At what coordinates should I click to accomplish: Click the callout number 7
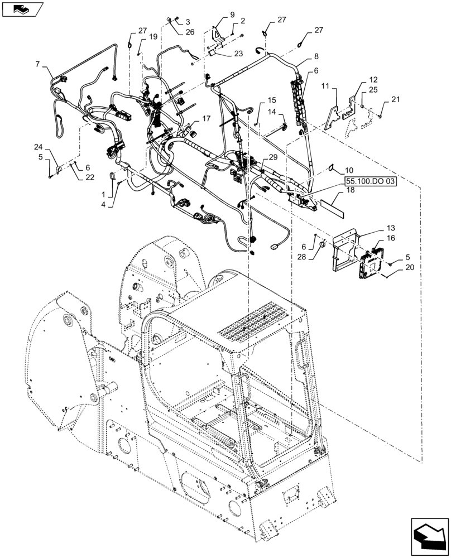point(39,65)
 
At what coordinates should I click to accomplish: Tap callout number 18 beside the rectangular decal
point(350,191)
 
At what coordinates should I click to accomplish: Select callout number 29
point(273,158)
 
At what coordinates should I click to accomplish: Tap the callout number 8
point(316,56)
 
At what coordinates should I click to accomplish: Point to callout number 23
point(238,54)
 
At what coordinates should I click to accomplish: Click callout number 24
point(38,147)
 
